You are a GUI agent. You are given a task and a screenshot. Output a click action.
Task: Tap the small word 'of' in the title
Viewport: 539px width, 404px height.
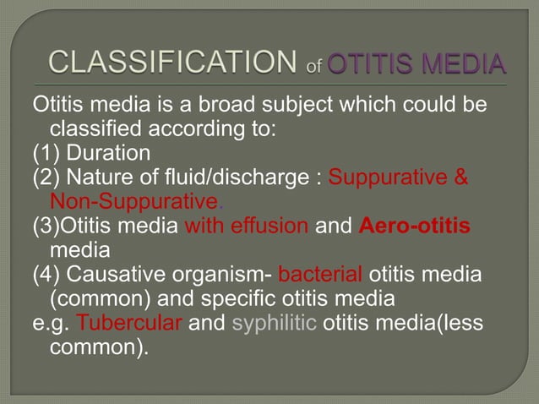(x=313, y=68)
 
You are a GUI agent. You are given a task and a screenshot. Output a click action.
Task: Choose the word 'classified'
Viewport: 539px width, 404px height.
(x=97, y=131)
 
